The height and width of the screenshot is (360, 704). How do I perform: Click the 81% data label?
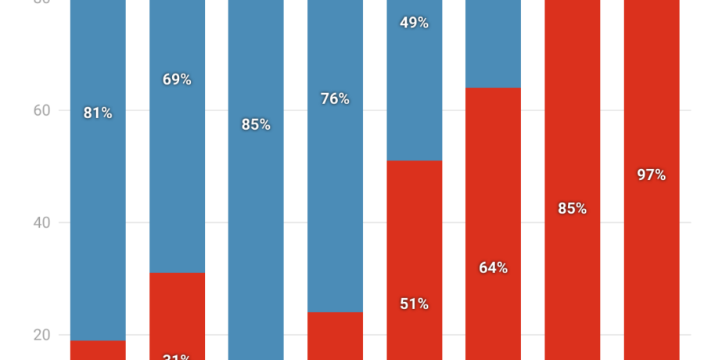pos(98,113)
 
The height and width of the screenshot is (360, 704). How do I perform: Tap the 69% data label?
pos(177,79)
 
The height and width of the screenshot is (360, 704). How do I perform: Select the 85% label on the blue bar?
pos(256,124)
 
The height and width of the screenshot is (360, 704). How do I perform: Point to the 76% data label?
pos(335,99)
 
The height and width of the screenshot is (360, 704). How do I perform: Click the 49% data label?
pos(414,23)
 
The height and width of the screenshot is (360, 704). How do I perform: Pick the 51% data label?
pos(414,304)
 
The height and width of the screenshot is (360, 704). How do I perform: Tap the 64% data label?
pos(493,268)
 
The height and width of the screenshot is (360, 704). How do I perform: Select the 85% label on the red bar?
pos(572,208)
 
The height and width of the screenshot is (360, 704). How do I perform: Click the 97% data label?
pos(651,175)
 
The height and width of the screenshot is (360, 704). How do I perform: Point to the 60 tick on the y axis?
pos(41,110)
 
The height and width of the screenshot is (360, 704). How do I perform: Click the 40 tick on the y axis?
pos(41,223)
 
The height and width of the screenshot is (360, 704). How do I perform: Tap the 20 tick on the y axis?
pos(41,335)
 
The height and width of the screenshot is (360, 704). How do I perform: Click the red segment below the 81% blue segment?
pos(98,350)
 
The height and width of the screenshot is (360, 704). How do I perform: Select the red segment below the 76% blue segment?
pos(335,337)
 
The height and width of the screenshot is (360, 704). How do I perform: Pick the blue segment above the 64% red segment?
pos(493,43)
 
